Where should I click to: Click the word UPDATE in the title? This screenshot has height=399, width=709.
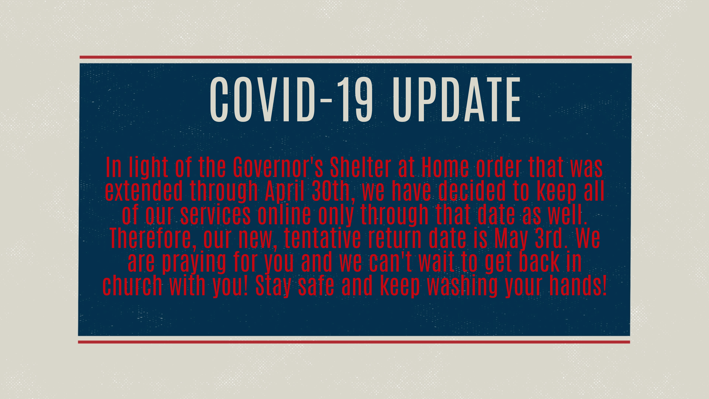coord(456,99)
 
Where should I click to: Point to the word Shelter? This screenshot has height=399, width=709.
coord(361,167)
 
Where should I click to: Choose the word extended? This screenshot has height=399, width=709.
coord(144,191)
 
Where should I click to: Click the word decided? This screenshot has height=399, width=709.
coord(472,191)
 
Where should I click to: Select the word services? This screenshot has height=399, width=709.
coord(215,214)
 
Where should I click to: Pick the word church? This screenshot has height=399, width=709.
coord(132,286)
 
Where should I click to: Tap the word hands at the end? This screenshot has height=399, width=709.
coord(575,286)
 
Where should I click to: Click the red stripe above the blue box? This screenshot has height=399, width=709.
coord(356,57)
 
